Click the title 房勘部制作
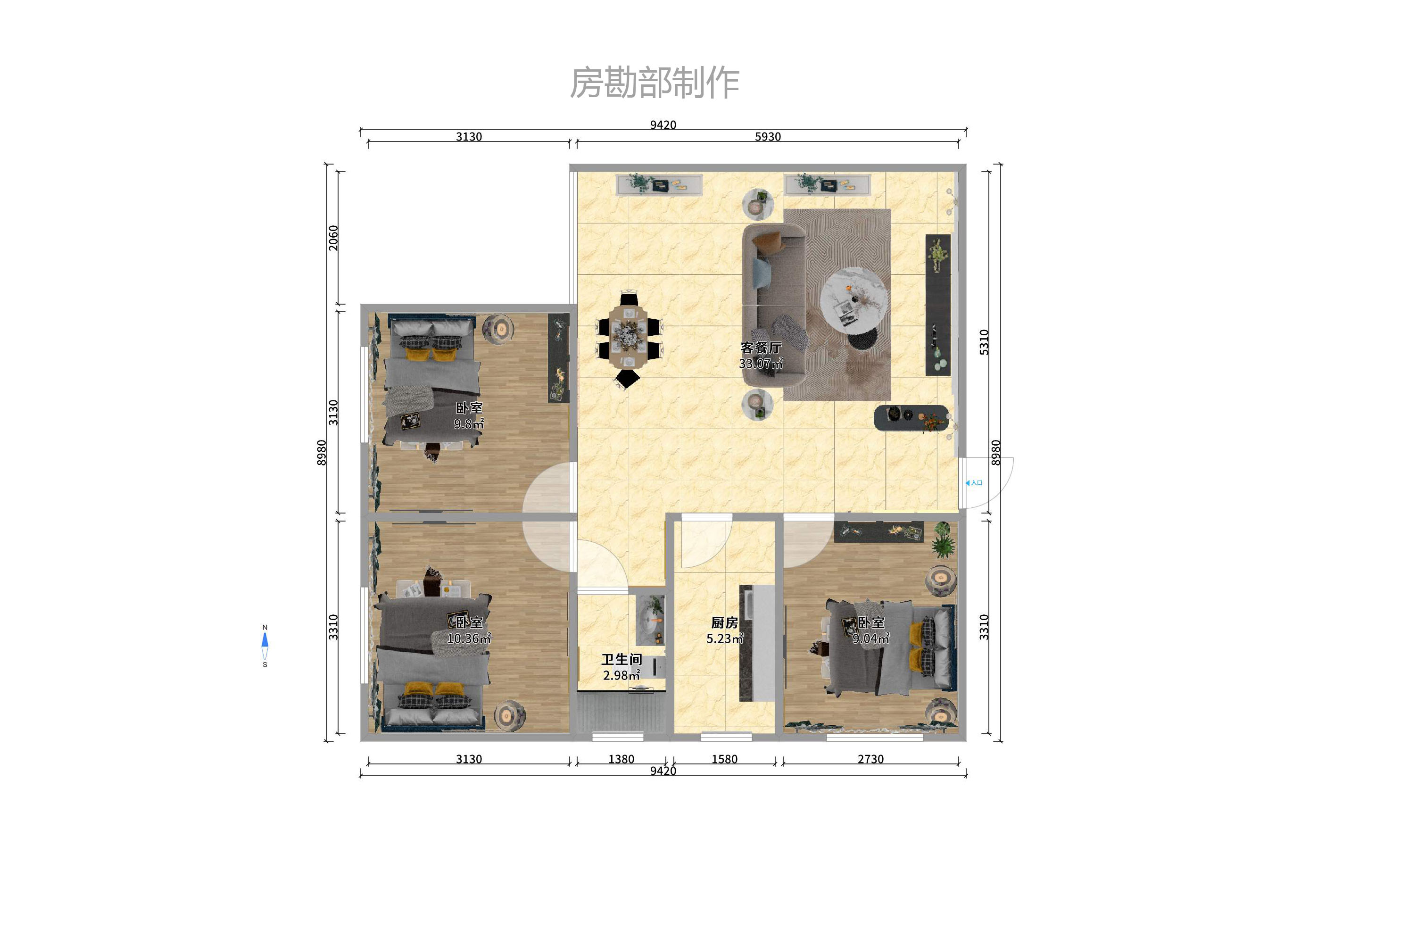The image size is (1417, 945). pyautogui.click(x=655, y=83)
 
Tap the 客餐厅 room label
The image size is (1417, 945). pyautogui.click(x=761, y=348)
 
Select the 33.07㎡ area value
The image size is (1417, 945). pyautogui.click(x=761, y=364)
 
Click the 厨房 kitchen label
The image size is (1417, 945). pyautogui.click(x=724, y=622)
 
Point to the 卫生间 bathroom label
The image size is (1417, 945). pyautogui.click(x=621, y=659)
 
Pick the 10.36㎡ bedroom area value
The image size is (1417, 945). pyautogui.click(x=469, y=638)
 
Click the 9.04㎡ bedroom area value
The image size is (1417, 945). pyautogui.click(x=870, y=638)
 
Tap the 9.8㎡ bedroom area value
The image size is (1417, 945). pyautogui.click(x=469, y=423)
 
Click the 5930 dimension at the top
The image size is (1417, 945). pyautogui.click(x=767, y=137)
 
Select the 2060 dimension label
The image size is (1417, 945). pyautogui.click(x=333, y=238)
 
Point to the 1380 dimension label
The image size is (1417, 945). pyautogui.click(x=621, y=759)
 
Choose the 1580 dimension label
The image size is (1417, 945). pyautogui.click(x=724, y=759)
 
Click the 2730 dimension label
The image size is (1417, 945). pyautogui.click(x=870, y=759)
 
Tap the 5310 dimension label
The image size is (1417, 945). pyautogui.click(x=984, y=342)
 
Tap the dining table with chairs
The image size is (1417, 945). pyautogui.click(x=628, y=336)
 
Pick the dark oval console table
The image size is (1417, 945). pyautogui.click(x=911, y=417)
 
